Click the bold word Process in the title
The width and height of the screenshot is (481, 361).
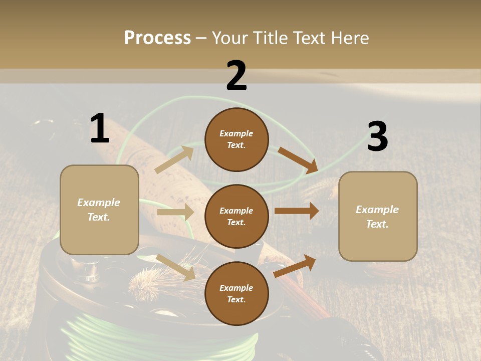157,38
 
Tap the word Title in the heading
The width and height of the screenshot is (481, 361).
270,38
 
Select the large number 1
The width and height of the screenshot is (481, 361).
100,129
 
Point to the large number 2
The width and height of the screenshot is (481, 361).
236,76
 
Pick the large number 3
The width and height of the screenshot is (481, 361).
377,137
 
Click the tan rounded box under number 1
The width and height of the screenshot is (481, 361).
99,210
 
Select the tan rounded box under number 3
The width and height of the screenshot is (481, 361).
378,216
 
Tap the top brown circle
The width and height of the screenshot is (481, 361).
236,139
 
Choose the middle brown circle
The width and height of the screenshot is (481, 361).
236,216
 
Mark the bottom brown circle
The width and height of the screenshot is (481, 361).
236,293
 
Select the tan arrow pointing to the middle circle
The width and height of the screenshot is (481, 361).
175,212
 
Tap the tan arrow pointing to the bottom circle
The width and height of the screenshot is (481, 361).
176,267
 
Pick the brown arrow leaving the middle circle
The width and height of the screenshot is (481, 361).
297,211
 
